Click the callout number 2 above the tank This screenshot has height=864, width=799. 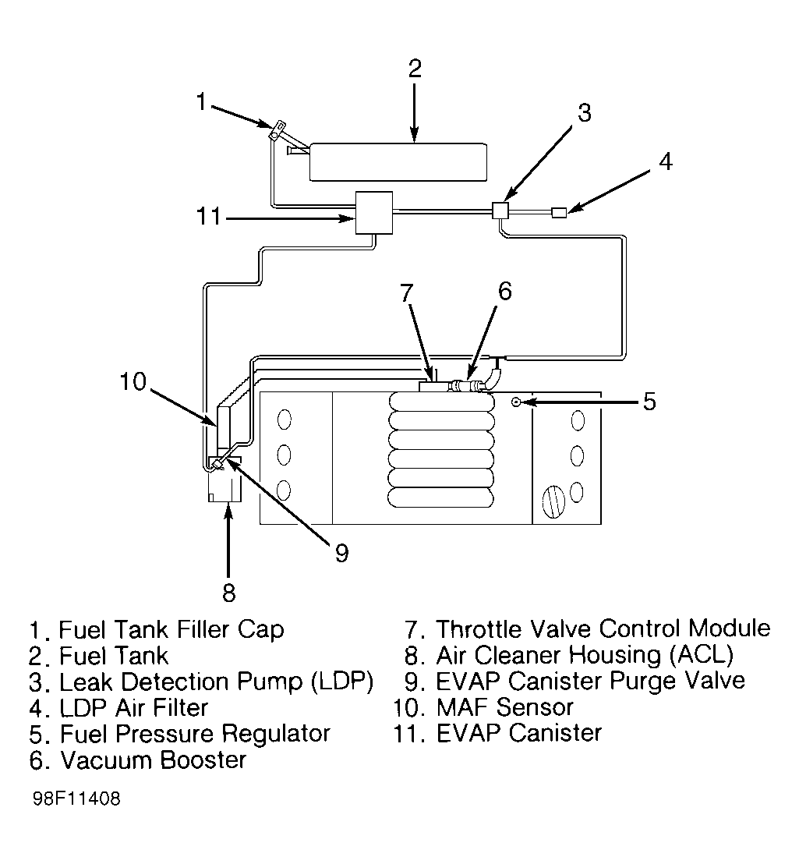pyautogui.click(x=415, y=69)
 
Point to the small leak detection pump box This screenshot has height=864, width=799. pyautogui.click(x=500, y=210)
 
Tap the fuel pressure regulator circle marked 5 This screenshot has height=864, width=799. pyautogui.click(x=516, y=402)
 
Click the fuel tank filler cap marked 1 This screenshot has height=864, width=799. pyautogui.click(x=276, y=131)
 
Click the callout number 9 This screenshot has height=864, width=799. pyautogui.click(x=341, y=553)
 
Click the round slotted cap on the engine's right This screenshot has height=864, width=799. pyautogui.click(x=551, y=501)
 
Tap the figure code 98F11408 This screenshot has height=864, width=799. pyautogui.click(x=76, y=800)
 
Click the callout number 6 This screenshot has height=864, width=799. pyautogui.click(x=504, y=291)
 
